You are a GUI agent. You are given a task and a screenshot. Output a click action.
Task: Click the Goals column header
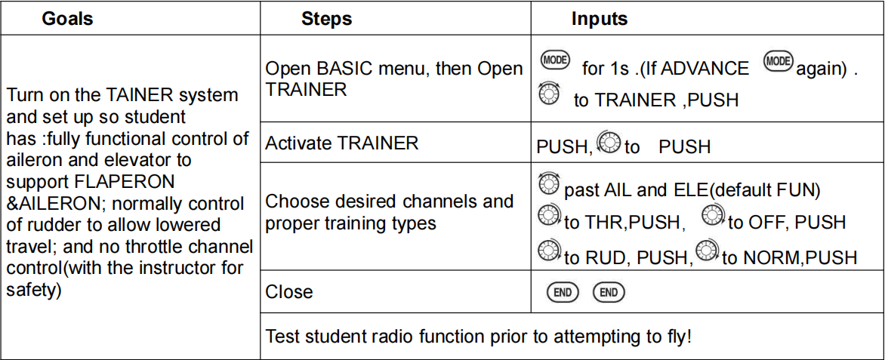click(x=67, y=19)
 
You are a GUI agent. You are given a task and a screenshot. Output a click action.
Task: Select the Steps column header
click(x=326, y=19)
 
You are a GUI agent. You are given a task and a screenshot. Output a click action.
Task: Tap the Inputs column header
click(x=599, y=19)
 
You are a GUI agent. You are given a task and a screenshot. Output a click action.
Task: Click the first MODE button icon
click(x=555, y=60)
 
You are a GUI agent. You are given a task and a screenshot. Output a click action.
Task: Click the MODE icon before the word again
click(x=779, y=60)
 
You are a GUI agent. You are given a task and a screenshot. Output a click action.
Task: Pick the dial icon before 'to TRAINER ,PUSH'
click(x=550, y=93)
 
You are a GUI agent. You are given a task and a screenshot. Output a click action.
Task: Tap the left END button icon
click(x=562, y=292)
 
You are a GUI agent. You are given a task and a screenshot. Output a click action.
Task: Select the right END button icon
click(x=609, y=292)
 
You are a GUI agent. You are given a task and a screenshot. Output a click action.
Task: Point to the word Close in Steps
click(x=288, y=292)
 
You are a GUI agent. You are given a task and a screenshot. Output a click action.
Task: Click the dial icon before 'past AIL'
click(x=549, y=184)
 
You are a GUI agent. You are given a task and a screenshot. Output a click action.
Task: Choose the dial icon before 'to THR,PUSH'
click(x=549, y=216)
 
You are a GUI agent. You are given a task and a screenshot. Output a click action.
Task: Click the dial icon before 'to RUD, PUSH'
click(x=549, y=251)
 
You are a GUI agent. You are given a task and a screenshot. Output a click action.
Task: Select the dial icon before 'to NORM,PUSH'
click(x=707, y=250)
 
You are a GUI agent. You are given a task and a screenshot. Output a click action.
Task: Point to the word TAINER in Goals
click(x=138, y=95)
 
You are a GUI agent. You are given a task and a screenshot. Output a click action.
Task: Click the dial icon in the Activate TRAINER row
click(x=609, y=142)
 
